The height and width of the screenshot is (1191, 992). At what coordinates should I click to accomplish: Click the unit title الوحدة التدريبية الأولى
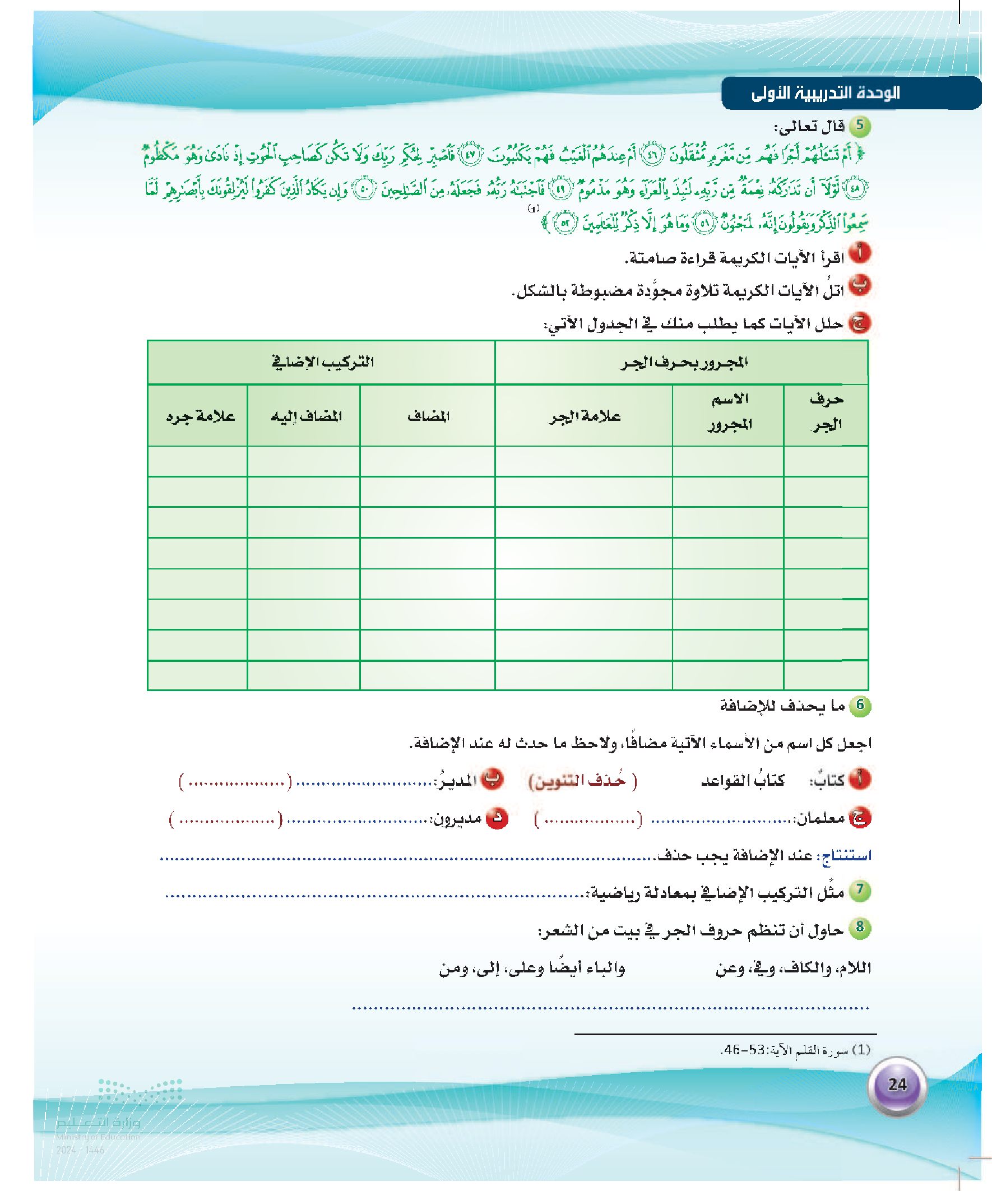[825, 93]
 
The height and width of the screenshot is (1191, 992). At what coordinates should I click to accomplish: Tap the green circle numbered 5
[860, 126]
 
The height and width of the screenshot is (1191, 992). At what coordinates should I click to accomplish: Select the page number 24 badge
[897, 1085]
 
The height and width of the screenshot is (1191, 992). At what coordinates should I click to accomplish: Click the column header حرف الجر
[826, 412]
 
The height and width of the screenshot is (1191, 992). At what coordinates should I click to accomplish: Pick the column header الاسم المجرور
[729, 412]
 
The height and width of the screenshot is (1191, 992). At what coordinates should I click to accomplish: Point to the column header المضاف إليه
[305, 416]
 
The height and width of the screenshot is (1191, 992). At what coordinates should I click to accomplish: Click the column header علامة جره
[200, 416]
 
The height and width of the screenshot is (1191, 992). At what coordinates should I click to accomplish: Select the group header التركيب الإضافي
[322, 362]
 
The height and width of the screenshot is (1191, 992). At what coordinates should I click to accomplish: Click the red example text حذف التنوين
[582, 781]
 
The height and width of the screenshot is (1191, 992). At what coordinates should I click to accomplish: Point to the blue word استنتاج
[847, 855]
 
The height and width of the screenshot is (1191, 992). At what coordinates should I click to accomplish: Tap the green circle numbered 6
[860, 706]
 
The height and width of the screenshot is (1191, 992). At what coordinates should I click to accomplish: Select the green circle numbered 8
[860, 928]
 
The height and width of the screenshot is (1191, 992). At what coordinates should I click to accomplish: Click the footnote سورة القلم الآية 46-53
[795, 1050]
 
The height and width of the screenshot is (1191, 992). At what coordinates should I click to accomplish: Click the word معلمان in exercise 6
[821, 818]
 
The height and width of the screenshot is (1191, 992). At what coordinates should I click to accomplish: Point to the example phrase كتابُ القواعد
[743, 781]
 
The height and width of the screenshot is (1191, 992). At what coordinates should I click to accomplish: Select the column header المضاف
[428, 416]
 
